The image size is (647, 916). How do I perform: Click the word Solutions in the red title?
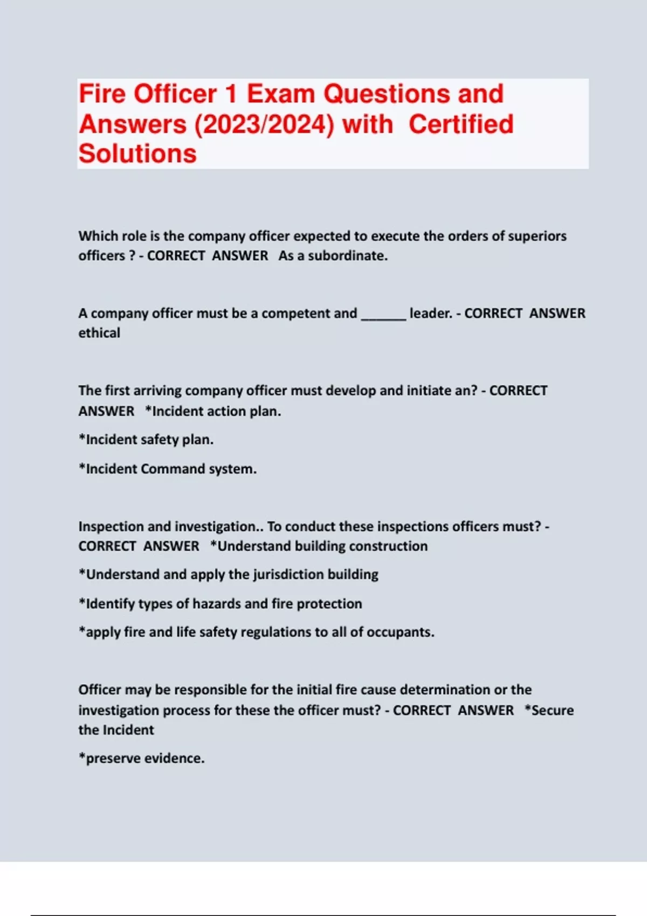click(137, 154)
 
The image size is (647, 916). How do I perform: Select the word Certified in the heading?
click(461, 124)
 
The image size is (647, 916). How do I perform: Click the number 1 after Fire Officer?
click(231, 94)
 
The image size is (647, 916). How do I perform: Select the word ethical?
click(99, 333)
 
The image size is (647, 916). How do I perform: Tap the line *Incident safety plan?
click(146, 440)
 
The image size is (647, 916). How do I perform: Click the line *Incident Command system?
click(168, 469)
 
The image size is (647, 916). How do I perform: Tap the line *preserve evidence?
click(142, 758)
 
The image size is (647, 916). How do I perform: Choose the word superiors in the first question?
click(537, 236)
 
